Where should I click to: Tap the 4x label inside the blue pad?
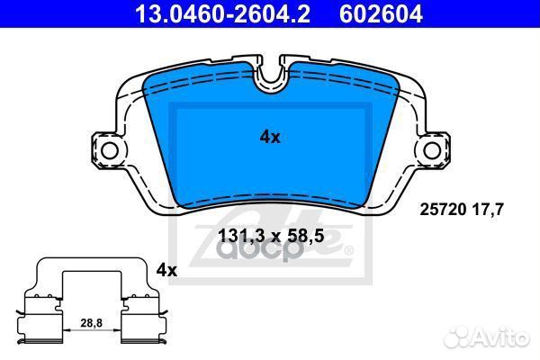[x=270, y=137]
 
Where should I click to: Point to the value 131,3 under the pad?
[x=241, y=238]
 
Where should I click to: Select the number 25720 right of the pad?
[x=444, y=210]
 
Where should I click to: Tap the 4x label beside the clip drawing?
[x=167, y=269]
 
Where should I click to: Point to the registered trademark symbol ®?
[x=349, y=250]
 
